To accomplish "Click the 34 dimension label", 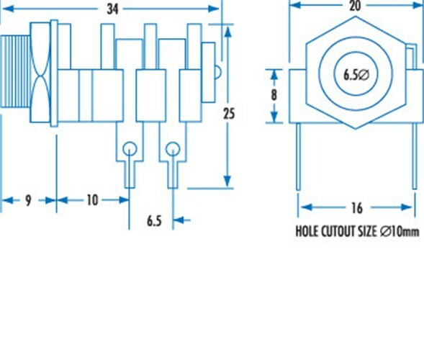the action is [x=113, y=9].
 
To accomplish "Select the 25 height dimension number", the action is [x=229, y=114].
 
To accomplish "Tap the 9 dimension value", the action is [x=28, y=201].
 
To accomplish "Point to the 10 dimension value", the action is [x=92, y=200].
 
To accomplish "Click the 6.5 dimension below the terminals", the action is [x=154, y=221].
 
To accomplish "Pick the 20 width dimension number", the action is [x=355, y=6].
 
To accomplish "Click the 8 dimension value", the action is [x=274, y=95].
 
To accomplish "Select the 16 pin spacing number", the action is [x=357, y=208].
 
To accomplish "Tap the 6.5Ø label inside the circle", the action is [x=356, y=75].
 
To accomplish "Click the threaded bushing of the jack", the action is [x=15, y=72].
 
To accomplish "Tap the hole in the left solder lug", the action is [x=130, y=149].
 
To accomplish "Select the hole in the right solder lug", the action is [x=173, y=149].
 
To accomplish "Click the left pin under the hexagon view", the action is [x=298, y=157].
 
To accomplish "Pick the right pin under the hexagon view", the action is [x=415, y=156].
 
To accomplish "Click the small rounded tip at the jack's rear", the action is [x=218, y=73].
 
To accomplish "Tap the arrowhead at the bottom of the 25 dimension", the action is [x=227, y=181].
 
